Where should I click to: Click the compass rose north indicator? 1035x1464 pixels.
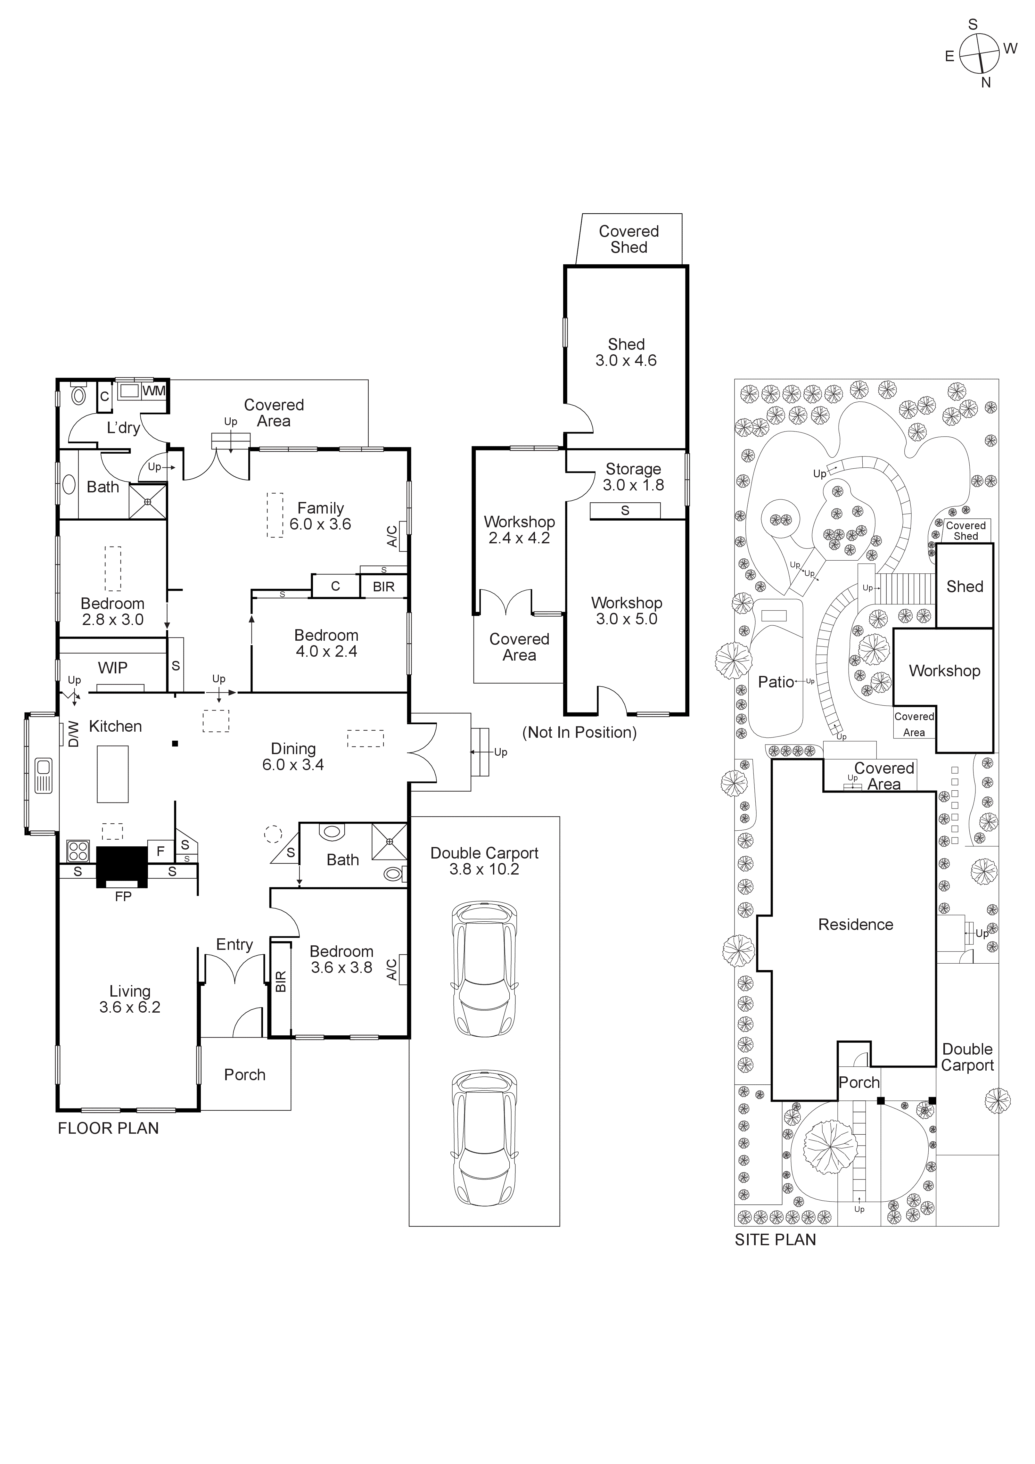tap(986, 82)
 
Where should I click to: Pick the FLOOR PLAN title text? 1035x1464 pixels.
tap(108, 1128)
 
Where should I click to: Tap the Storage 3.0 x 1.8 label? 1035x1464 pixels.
tap(633, 477)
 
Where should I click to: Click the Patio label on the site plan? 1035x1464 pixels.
tap(776, 682)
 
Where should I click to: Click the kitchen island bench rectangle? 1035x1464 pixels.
tap(112, 773)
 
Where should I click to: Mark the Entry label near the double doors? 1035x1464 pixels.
tap(234, 944)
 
